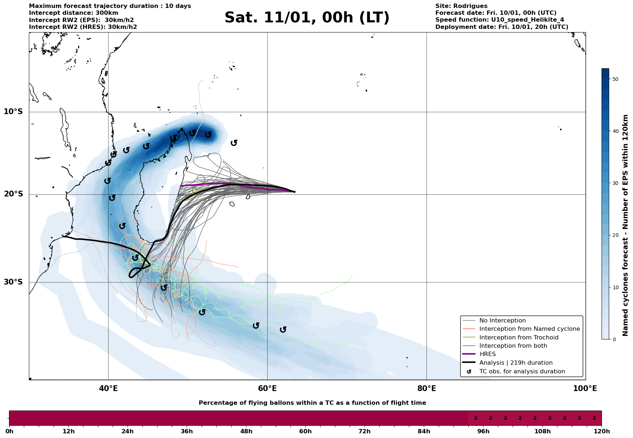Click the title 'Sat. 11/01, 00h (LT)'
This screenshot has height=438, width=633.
pos(307,18)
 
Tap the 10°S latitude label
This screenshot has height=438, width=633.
pos(13,112)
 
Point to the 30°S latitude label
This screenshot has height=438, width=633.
pos(13,282)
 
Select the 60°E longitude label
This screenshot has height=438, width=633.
pos(267,389)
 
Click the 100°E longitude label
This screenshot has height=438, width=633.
pos(585,389)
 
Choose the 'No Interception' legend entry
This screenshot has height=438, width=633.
pos(502,321)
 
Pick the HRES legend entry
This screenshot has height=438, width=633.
pos(487,354)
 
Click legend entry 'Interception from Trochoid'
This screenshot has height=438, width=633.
pos(518,338)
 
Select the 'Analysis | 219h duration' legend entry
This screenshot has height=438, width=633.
pos(516,363)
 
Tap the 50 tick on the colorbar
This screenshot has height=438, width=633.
pos(616,79)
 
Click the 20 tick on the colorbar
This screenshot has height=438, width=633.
pos(616,235)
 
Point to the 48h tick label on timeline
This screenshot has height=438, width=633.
pos(246,432)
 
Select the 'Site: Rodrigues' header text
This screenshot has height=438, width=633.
pos(461,6)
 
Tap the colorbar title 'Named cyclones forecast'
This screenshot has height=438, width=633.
pos(626,225)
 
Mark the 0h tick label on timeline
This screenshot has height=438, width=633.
pos(9,432)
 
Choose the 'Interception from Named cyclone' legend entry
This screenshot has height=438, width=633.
pos(529,329)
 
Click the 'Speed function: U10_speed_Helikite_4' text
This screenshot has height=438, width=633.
pos(499,20)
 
